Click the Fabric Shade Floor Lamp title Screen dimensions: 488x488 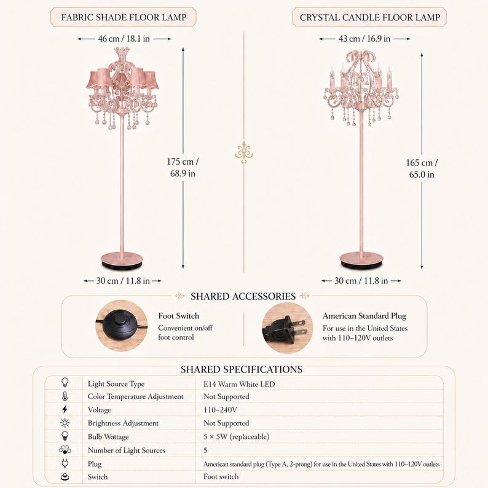click(x=124, y=17)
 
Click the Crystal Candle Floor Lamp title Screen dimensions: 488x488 click(x=370, y=17)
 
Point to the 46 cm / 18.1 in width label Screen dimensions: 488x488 click(x=124, y=39)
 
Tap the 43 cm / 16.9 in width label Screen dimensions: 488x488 click(x=364, y=39)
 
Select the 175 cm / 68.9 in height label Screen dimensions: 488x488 click(x=183, y=167)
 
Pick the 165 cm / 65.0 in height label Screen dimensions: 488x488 click(x=422, y=168)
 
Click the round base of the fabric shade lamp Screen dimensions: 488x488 click(x=122, y=260)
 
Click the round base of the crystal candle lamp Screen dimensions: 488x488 click(x=361, y=260)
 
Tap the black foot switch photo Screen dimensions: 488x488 click(x=121, y=326)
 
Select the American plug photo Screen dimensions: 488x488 click(x=287, y=328)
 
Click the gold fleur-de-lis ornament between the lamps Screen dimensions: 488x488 click(x=244, y=152)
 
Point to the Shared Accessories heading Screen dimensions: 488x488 click(x=243, y=296)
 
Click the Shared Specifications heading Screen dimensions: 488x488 click(x=242, y=369)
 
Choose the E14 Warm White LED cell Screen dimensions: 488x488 click(x=239, y=384)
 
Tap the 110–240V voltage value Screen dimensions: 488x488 click(x=220, y=410)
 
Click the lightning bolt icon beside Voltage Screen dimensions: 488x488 click(x=65, y=409)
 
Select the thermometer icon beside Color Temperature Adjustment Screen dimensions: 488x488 click(x=65, y=396)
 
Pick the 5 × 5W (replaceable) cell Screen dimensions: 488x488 click(x=236, y=436)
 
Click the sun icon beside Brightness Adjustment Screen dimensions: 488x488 click(x=65, y=423)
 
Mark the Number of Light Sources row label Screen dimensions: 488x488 click(x=127, y=451)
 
